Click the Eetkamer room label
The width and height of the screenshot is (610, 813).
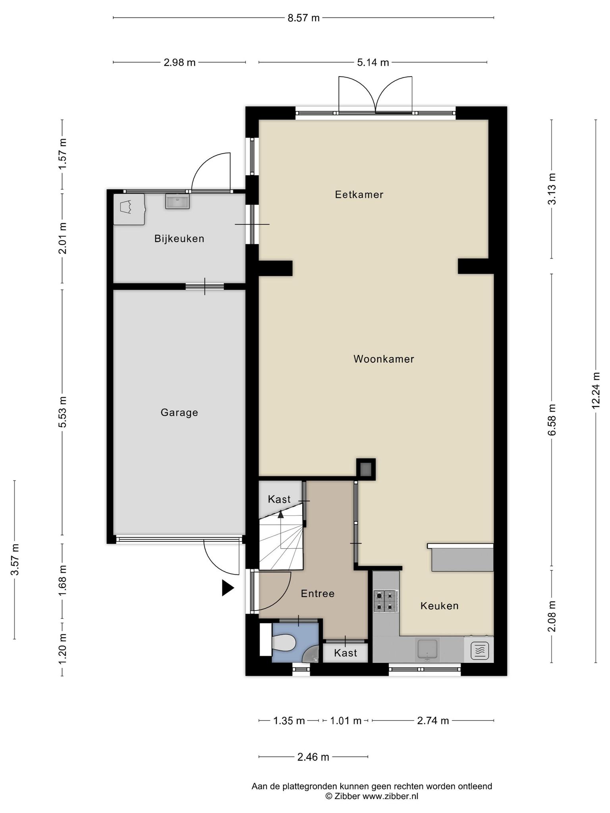tap(359, 195)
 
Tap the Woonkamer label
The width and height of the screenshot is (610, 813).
tap(384, 359)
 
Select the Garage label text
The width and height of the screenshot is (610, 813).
tap(179, 412)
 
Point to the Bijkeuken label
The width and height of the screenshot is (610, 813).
tap(179, 239)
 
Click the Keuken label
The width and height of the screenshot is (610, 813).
tap(439, 606)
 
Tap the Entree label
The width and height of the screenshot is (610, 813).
tap(317, 593)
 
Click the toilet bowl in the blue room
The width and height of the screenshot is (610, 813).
tap(284, 642)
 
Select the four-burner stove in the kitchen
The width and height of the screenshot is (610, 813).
tap(386, 601)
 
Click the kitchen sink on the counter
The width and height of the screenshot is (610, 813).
tap(427, 650)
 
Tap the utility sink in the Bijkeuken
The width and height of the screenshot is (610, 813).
tap(177, 201)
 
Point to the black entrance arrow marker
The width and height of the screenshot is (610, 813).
tap(228, 588)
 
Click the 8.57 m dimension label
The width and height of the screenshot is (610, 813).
tap(303, 18)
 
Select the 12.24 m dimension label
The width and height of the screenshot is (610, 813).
tap(595, 391)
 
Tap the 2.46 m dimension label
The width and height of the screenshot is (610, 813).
tap(313, 757)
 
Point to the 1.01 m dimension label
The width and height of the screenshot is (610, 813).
tap(346, 721)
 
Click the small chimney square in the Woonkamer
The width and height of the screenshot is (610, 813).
tap(366, 469)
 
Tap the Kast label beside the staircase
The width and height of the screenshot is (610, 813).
tap(279, 499)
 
